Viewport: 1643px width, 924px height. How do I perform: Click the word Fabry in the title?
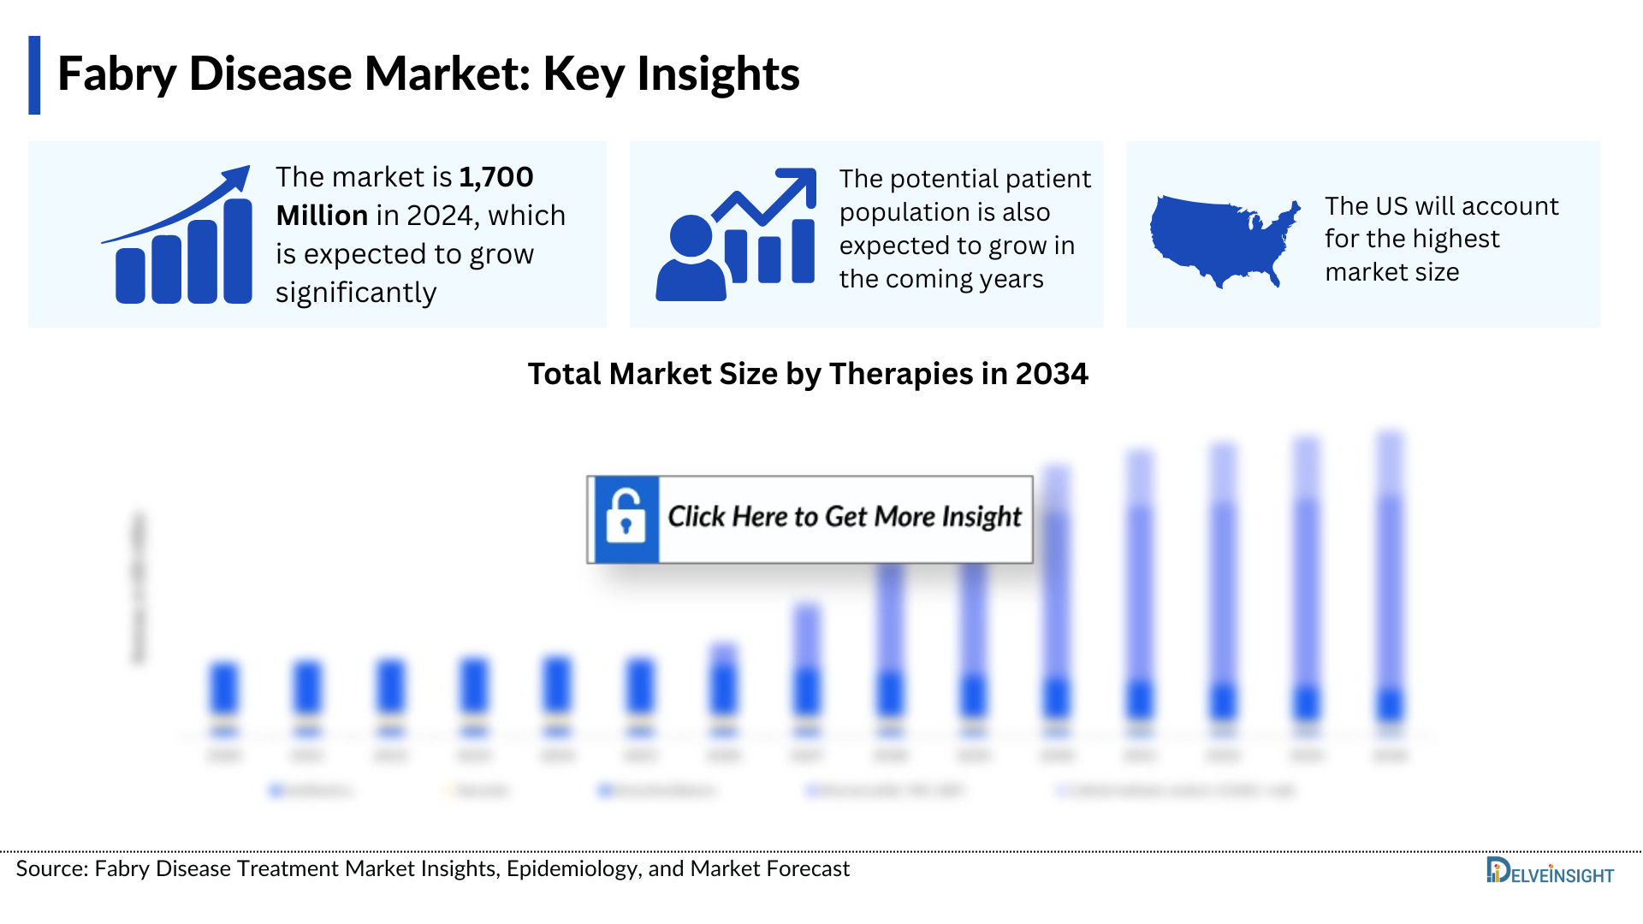tap(116, 75)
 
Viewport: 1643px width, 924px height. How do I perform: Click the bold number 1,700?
tap(495, 177)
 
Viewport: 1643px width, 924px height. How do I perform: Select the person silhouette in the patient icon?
tap(691, 260)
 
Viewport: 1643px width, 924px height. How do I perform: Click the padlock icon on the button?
tap(626, 518)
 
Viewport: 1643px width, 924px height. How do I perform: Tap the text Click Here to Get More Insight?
tap(844, 517)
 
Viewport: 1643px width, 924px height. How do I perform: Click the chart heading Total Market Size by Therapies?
tap(750, 374)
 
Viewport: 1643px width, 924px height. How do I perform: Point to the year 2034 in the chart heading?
tap(1051, 374)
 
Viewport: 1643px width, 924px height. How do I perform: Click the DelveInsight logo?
tap(1549, 872)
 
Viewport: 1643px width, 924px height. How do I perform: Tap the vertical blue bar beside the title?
tap(34, 75)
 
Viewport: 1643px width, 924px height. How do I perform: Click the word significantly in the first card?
tap(356, 293)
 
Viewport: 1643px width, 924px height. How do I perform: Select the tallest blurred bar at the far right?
tap(1390, 582)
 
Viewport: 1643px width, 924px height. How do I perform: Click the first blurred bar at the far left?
tap(224, 689)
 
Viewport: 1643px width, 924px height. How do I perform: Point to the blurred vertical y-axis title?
tap(139, 587)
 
